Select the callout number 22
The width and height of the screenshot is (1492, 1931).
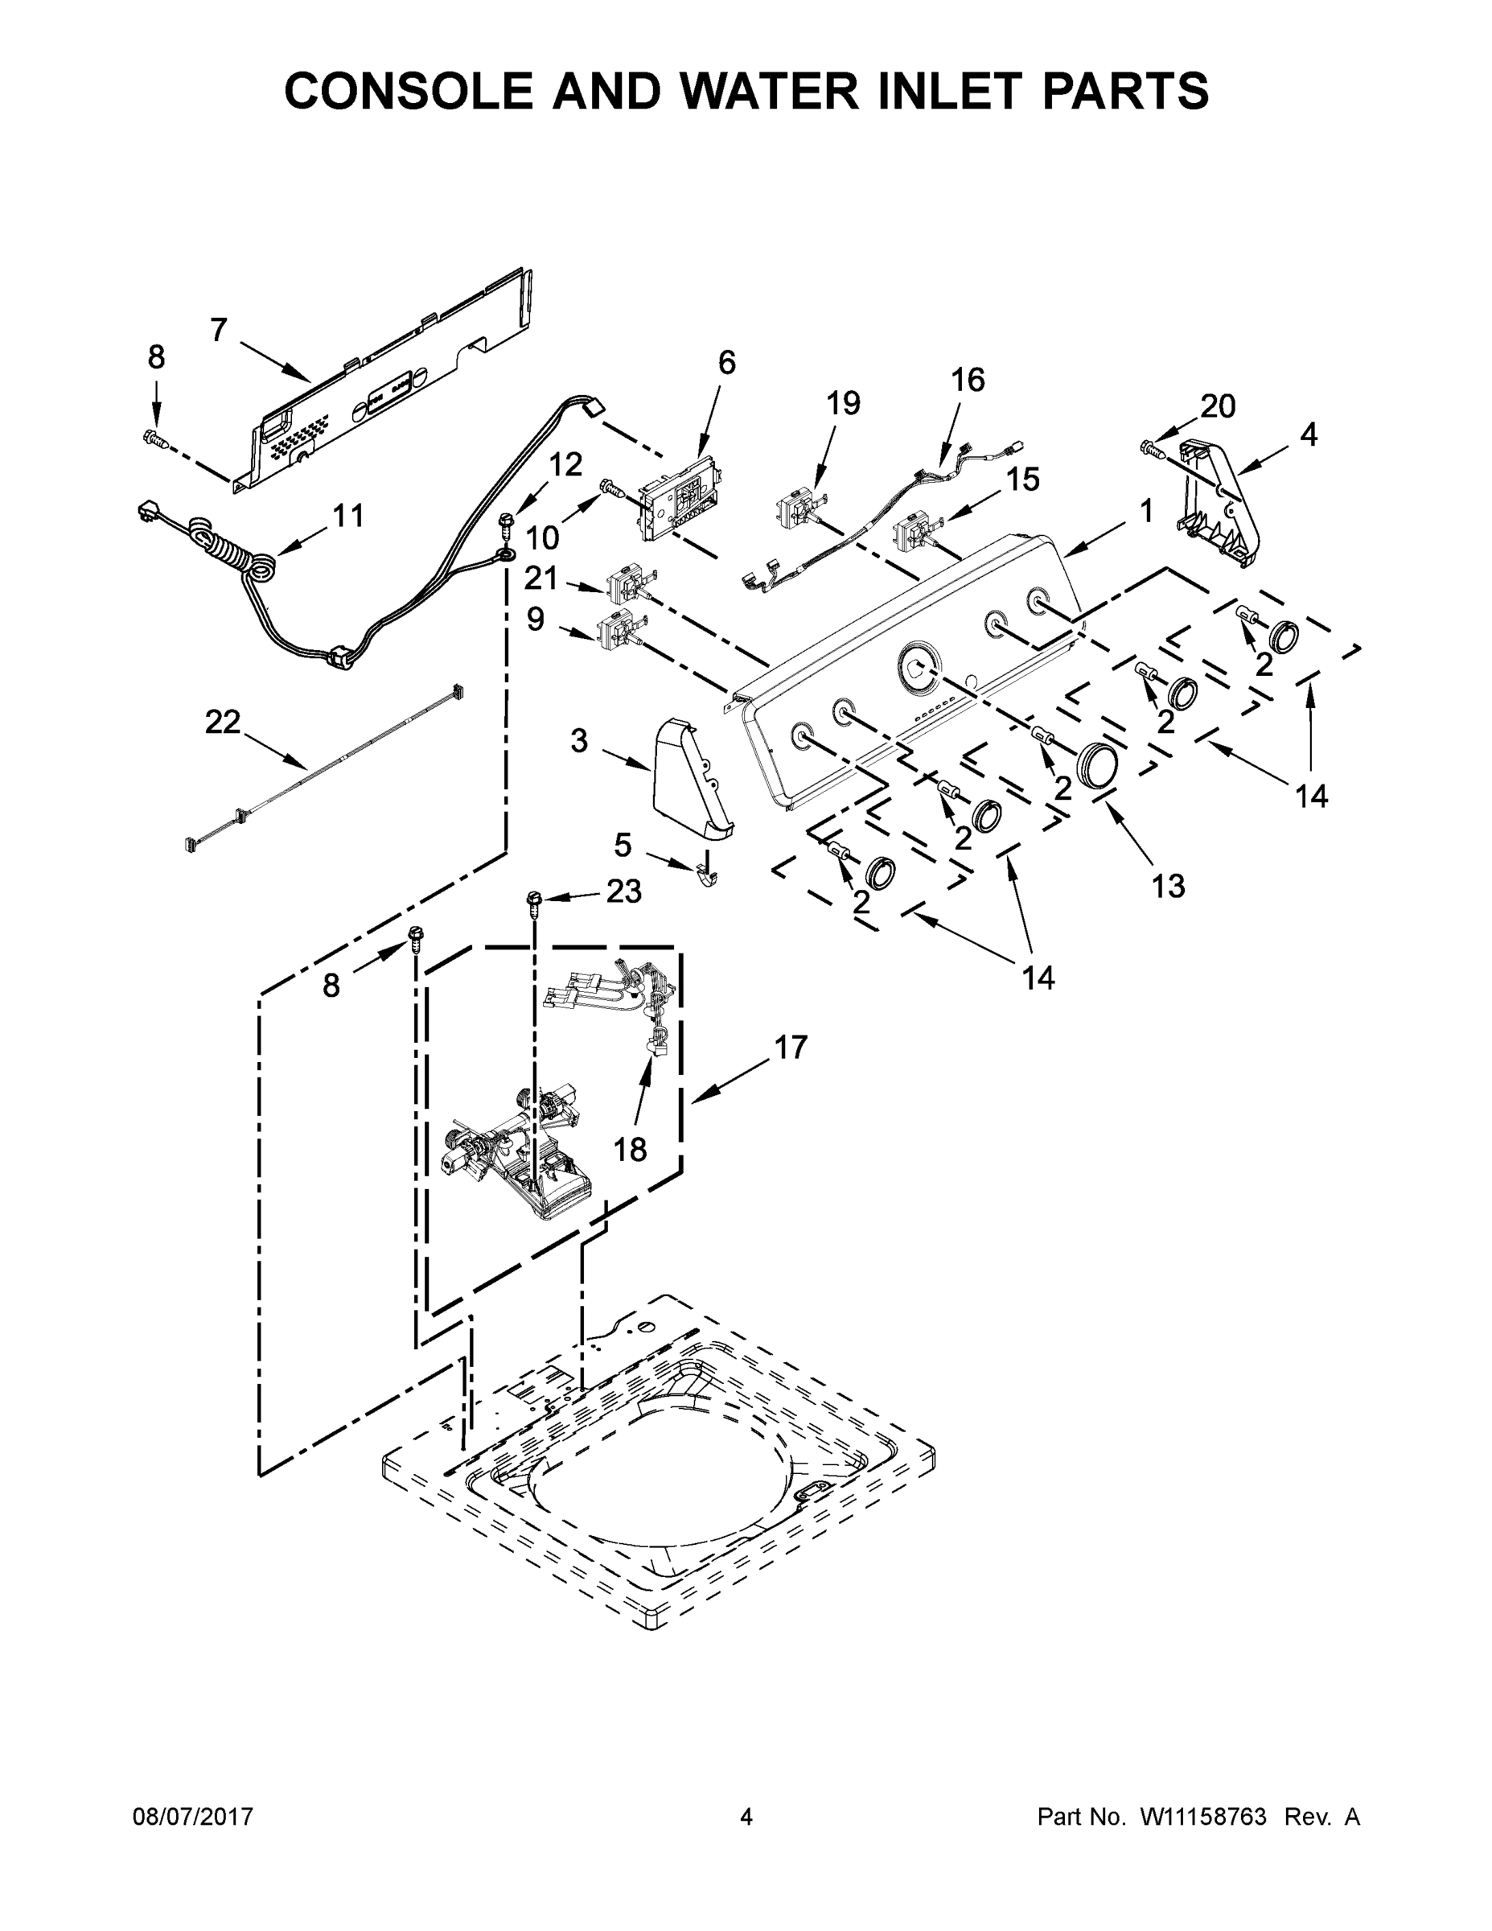coord(222,723)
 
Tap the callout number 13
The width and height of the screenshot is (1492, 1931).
coord(1168,885)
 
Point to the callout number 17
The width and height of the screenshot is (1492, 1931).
coord(791,1047)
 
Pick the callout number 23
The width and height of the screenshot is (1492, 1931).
coord(623,891)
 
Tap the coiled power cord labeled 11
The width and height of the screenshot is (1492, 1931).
coord(261,564)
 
